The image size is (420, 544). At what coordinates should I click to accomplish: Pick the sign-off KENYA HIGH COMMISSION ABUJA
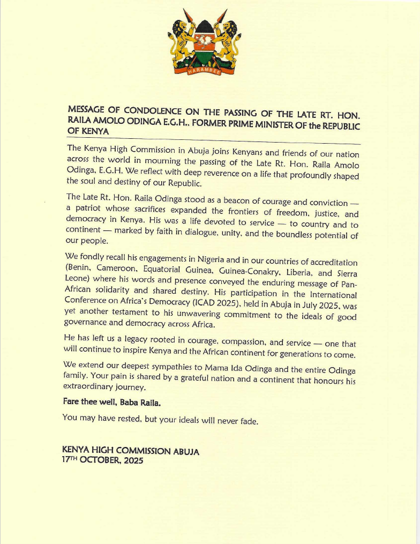click(131, 451)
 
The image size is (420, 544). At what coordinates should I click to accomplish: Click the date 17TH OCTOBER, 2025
click(103, 460)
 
